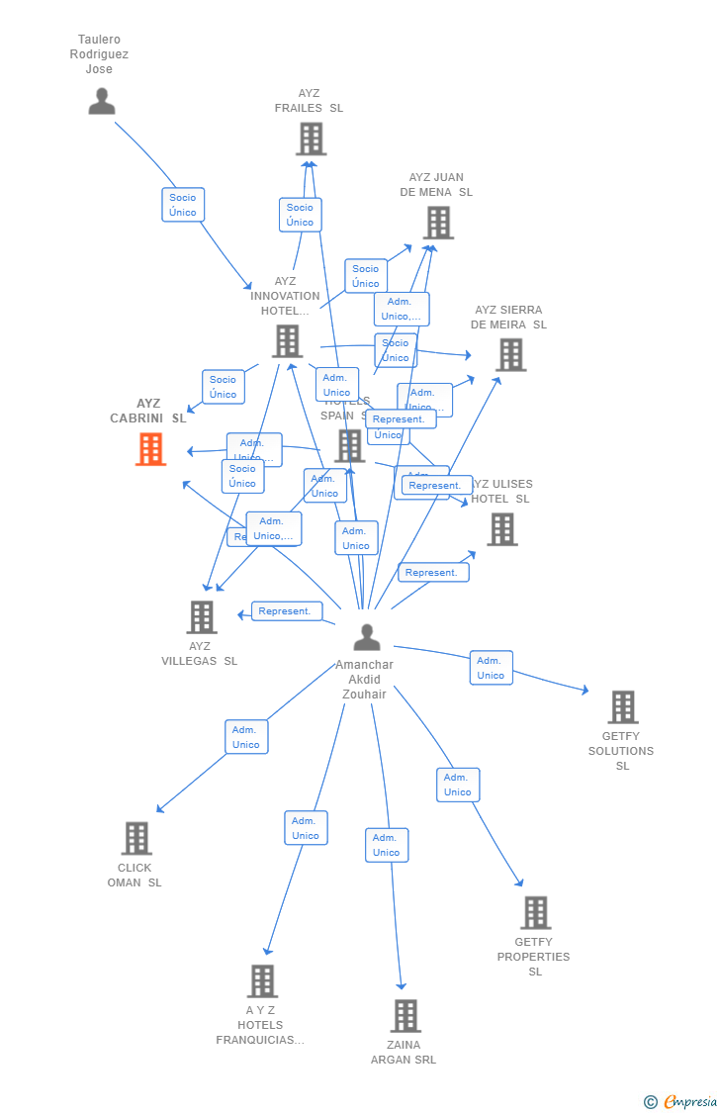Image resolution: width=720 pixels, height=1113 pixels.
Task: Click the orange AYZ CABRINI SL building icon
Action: [150, 449]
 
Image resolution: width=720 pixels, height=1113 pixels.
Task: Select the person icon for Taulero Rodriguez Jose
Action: [102, 101]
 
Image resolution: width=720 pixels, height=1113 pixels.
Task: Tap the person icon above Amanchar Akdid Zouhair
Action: [367, 637]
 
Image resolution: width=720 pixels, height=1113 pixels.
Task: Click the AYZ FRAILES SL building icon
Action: [311, 139]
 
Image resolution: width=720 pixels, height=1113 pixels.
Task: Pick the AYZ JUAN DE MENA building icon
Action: [438, 223]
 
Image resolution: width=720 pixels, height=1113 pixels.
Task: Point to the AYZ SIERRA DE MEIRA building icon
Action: [510, 354]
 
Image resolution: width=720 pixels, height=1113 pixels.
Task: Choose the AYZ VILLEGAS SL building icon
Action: [202, 617]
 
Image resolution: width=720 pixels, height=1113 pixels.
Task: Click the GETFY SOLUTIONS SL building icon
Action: [622, 707]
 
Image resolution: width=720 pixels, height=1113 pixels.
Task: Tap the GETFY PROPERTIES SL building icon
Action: [535, 912]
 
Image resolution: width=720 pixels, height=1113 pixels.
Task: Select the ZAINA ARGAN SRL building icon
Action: [405, 1015]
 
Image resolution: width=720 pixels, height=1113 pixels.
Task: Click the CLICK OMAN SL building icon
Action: [136, 838]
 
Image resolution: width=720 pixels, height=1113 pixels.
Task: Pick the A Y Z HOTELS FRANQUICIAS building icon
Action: [262, 980]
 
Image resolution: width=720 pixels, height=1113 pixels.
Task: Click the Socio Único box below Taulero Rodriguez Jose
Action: [183, 205]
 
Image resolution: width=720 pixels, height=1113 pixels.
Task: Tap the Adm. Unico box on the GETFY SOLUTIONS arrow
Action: [491, 668]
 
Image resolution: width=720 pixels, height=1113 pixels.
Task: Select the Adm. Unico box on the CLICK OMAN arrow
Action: [245, 737]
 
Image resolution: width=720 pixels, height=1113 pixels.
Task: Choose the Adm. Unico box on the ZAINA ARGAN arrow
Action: [387, 845]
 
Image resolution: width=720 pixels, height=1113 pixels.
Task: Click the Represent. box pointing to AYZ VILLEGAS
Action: [286, 611]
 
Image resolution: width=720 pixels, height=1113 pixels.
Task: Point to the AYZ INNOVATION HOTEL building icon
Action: [287, 341]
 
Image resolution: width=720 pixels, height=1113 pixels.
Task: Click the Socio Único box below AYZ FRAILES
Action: [300, 215]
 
